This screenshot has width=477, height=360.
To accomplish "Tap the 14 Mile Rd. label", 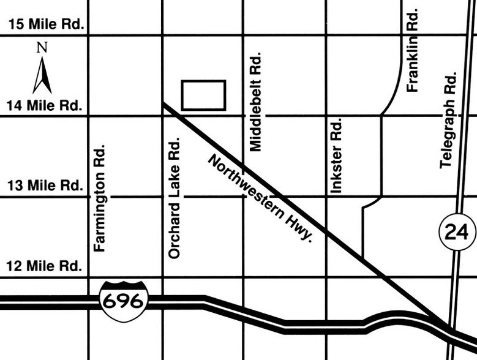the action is pos(44,105).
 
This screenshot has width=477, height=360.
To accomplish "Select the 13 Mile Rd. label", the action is pos(44,186).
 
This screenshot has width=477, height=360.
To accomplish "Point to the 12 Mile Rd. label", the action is pos(44,267).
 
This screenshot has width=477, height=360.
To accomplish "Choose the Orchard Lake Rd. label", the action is pos(174,197).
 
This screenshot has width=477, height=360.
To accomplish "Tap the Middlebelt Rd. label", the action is pos(256,102).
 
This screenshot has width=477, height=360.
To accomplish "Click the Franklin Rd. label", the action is pos(413,50).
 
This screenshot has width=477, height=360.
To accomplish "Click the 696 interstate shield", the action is pos(124,300).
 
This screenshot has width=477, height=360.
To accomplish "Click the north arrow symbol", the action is pos(42,75).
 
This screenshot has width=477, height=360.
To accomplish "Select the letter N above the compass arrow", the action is pos(42,47).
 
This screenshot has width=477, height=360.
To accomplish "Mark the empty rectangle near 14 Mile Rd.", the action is pos(204,95).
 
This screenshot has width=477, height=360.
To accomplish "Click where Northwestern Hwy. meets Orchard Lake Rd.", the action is pos(163,105).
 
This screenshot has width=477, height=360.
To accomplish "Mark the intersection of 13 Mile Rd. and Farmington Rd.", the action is pos(89,197).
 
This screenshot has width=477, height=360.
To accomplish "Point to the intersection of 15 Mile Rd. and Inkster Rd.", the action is pos(326,36).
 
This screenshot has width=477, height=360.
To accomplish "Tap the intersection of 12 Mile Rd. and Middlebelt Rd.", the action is pos(244,278).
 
